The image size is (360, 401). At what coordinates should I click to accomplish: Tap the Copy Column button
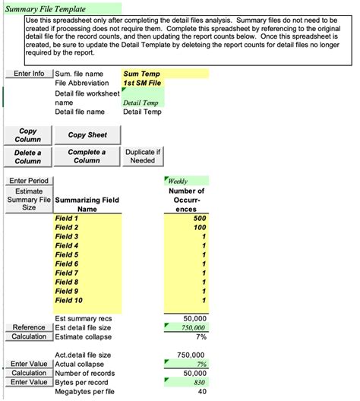point(28,135)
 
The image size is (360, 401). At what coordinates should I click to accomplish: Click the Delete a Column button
point(28,156)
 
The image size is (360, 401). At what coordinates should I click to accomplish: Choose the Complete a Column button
point(87,156)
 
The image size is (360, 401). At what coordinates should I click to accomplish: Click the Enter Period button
point(28,181)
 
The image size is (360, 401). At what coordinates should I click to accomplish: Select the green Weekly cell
point(185,181)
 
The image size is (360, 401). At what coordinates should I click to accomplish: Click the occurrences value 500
point(185,218)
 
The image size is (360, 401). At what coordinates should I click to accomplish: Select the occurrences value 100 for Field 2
point(185,227)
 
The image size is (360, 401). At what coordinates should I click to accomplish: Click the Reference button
point(29,327)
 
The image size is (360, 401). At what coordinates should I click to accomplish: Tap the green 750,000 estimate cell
point(185,327)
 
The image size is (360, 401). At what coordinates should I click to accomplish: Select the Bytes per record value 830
point(185,382)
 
